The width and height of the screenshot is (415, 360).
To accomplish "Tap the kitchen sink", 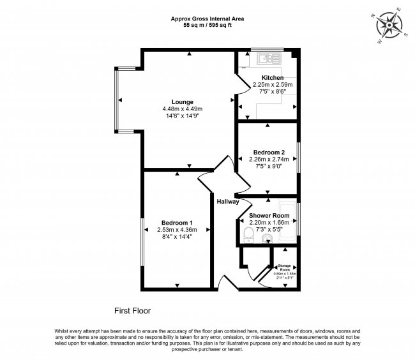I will (x=265, y=59).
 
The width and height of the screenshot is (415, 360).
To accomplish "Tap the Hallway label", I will (x=227, y=202).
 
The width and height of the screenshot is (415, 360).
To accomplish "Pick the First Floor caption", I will (x=132, y=311).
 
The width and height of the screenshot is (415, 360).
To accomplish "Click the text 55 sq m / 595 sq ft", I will (x=207, y=26).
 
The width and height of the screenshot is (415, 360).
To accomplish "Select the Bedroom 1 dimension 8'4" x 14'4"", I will (x=175, y=237).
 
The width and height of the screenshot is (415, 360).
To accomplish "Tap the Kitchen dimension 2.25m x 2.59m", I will (x=273, y=84).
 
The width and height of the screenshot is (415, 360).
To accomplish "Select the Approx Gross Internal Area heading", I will (x=207, y=19).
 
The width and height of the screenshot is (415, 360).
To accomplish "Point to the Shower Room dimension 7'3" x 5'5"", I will (x=269, y=229).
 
